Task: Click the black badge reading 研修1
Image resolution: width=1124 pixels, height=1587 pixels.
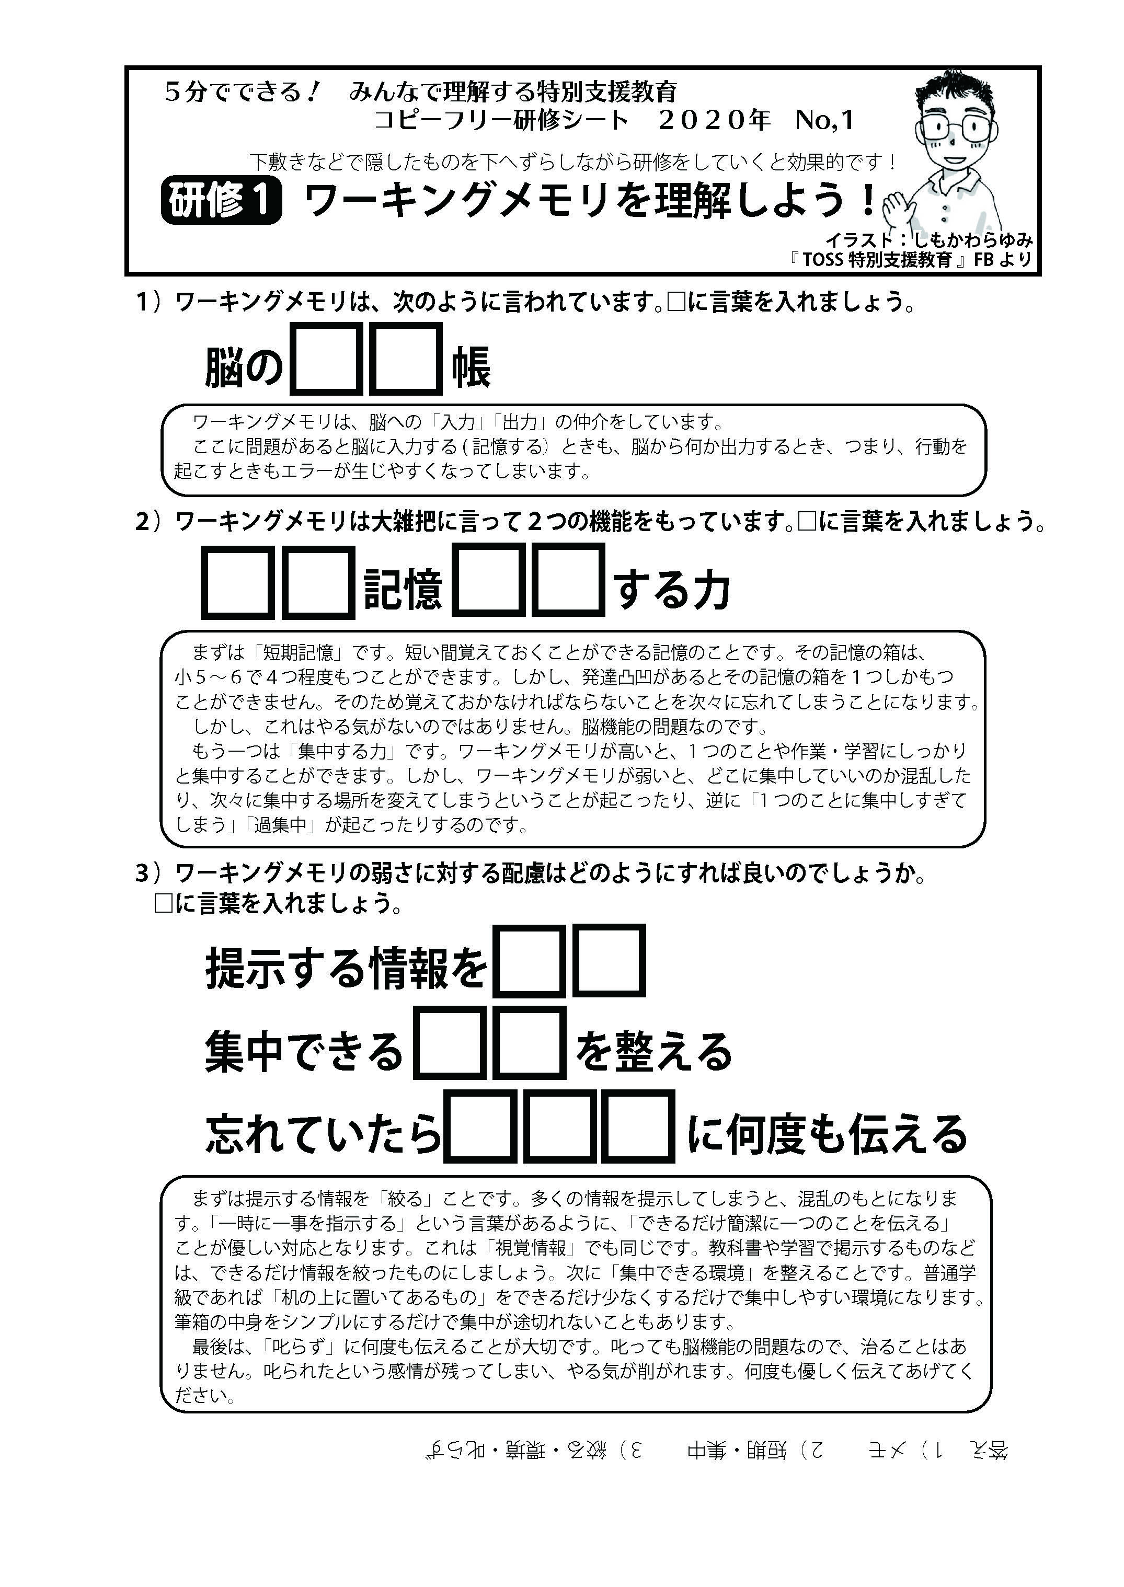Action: (221, 201)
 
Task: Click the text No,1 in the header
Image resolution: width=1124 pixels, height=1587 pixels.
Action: (824, 120)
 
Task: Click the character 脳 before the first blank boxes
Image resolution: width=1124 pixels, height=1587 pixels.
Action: (225, 367)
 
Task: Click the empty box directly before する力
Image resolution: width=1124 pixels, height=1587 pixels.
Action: (568, 581)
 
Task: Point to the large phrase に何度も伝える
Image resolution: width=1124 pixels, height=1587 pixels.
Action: (827, 1135)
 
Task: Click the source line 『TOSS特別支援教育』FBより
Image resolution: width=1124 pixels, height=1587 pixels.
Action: (910, 260)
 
